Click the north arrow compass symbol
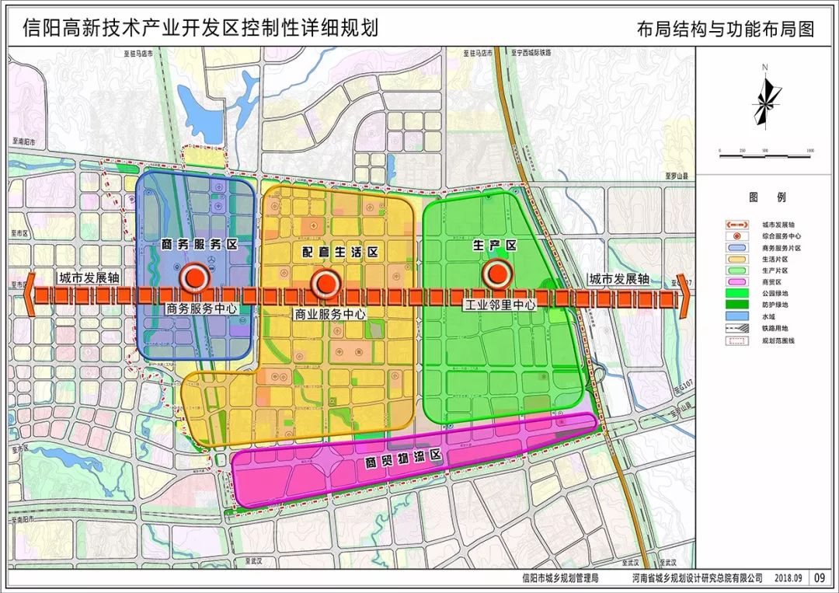click(766, 96)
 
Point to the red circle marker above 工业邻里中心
click(495, 273)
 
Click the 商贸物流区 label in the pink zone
click(404, 461)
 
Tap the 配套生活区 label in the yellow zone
click(340, 253)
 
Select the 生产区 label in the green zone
click(495, 246)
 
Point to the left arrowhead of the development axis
click(30, 295)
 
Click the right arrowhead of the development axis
click(683, 295)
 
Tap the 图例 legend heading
click(757, 198)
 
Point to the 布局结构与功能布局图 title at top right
click(726, 30)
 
